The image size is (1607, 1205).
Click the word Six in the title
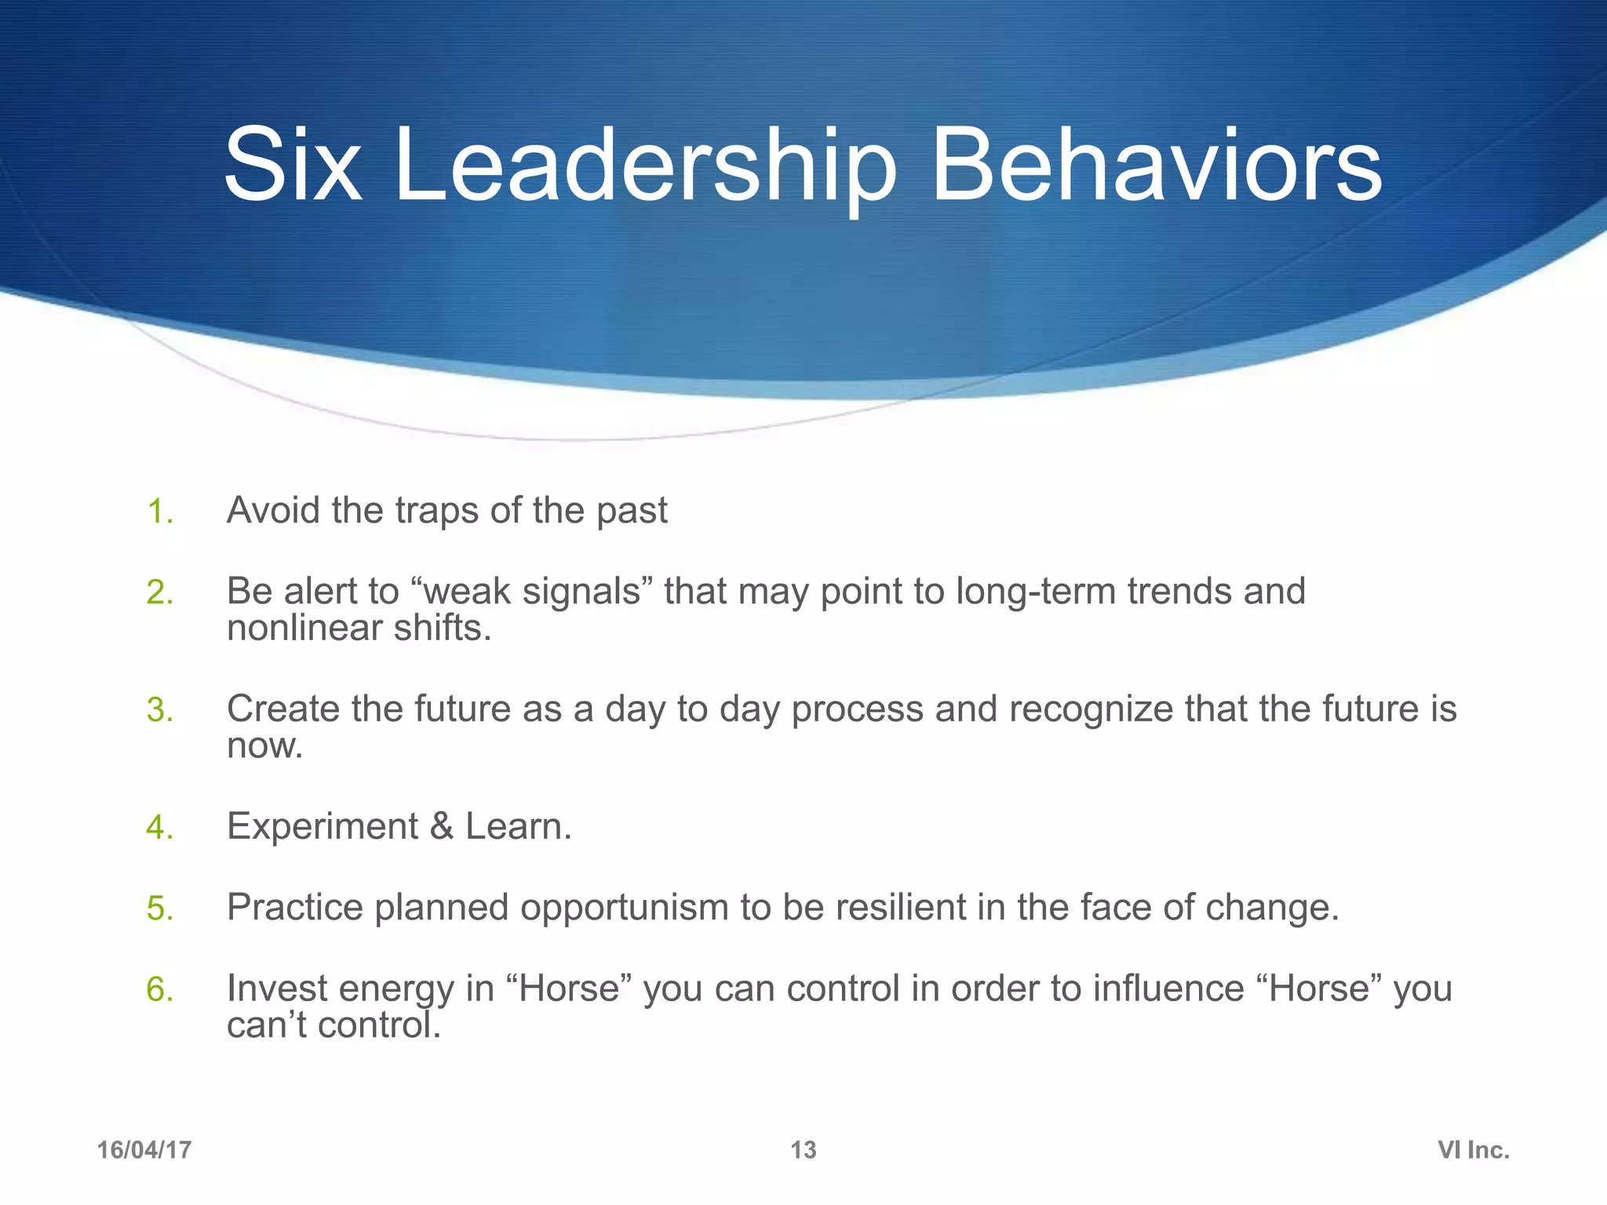click(x=292, y=166)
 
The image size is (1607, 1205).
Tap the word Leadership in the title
click(x=645, y=166)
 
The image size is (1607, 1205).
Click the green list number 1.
click(x=159, y=512)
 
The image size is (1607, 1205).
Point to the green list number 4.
click(x=159, y=828)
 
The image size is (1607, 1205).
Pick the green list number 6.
click(x=159, y=990)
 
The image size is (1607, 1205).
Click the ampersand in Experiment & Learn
click(x=442, y=827)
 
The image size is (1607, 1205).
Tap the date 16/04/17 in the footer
click(x=144, y=1150)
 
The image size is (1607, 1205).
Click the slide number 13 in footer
click(x=803, y=1150)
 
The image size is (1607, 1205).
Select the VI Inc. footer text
click(x=1473, y=1150)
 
